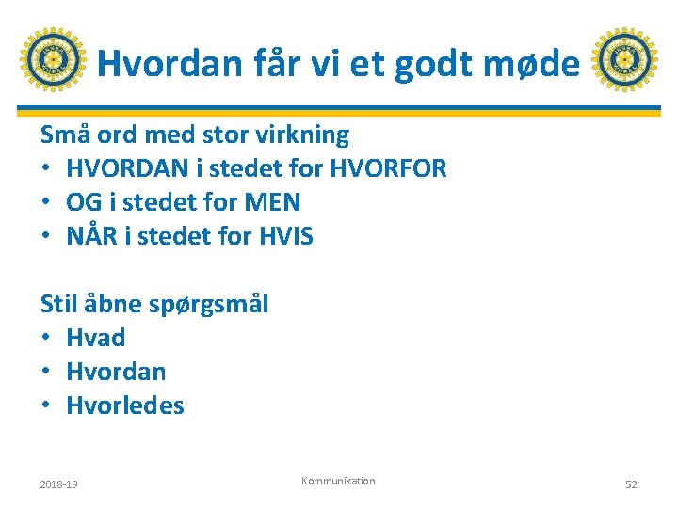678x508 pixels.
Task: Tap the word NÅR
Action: point(91,236)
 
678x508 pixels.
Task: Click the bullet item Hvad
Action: point(95,338)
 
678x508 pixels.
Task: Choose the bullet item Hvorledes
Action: point(125,405)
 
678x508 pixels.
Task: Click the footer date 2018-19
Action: point(58,484)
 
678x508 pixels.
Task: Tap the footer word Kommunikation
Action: point(338,481)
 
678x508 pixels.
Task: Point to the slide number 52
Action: point(631,484)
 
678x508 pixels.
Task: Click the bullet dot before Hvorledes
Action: point(47,406)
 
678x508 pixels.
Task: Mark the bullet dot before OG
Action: point(47,203)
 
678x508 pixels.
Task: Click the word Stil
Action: point(58,304)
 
